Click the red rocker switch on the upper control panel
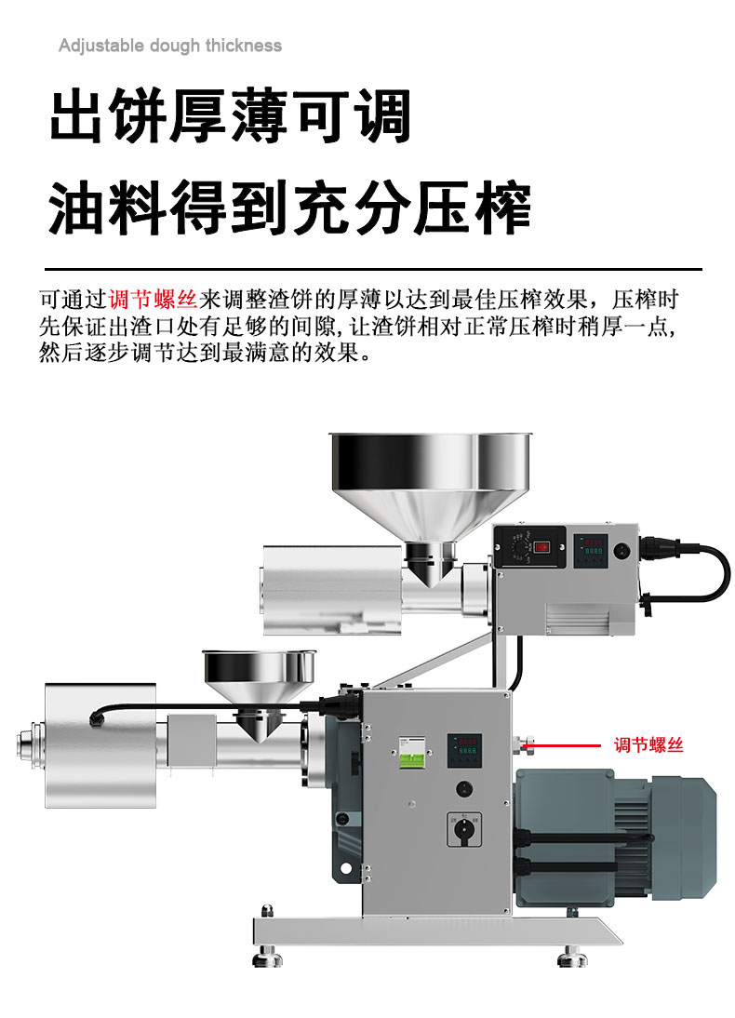click(542, 546)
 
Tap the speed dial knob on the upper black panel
click(519, 547)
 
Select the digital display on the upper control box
click(591, 550)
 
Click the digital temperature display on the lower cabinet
click(464, 751)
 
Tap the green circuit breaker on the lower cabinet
click(411, 754)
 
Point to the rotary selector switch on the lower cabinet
click(464, 829)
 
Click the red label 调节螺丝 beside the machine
click(648, 744)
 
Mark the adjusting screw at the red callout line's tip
click(523, 744)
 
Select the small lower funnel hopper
click(259, 689)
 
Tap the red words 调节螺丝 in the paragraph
click(153, 300)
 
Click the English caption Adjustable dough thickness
click(170, 46)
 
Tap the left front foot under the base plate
click(268, 955)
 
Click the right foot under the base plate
click(572, 956)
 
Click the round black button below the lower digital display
click(463, 789)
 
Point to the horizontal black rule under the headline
click(373, 268)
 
